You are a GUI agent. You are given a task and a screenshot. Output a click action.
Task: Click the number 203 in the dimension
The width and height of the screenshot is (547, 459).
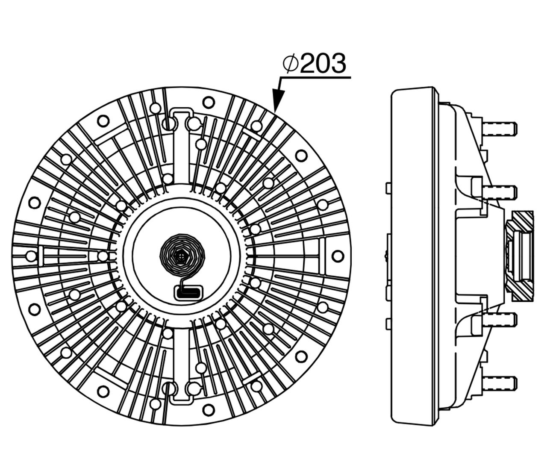point(323,64)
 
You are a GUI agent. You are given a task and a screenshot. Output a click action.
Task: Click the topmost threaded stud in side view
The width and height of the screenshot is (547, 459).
point(500,128)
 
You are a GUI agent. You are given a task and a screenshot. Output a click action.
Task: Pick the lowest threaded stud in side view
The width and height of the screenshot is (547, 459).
point(500,382)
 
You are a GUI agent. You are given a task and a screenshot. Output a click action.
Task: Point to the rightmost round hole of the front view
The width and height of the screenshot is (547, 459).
point(338,256)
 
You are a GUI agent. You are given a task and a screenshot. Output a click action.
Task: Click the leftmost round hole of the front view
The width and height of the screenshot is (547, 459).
point(30,256)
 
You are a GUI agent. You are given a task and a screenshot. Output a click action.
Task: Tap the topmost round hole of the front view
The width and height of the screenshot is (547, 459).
point(208,102)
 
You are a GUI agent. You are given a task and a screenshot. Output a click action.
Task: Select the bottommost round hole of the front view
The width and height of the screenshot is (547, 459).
point(208,409)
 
